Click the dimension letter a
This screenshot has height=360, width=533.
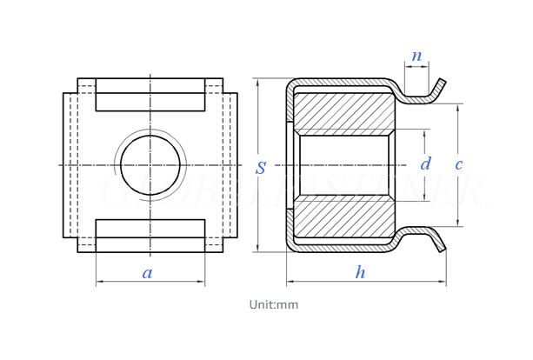[x=147, y=273]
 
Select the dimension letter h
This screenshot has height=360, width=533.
[x=360, y=273]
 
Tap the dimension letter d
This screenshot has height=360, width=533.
[x=425, y=164]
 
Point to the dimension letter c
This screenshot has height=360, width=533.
[x=458, y=164]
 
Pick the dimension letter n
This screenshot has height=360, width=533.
[x=416, y=57]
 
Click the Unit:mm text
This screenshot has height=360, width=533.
[x=273, y=304]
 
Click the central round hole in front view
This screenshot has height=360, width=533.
[x=150, y=165]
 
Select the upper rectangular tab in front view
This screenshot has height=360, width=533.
[x=150, y=95]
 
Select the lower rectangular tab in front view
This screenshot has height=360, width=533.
[x=150, y=236]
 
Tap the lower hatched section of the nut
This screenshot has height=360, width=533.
[x=343, y=217]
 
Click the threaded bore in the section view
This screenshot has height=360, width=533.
[x=343, y=165]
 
